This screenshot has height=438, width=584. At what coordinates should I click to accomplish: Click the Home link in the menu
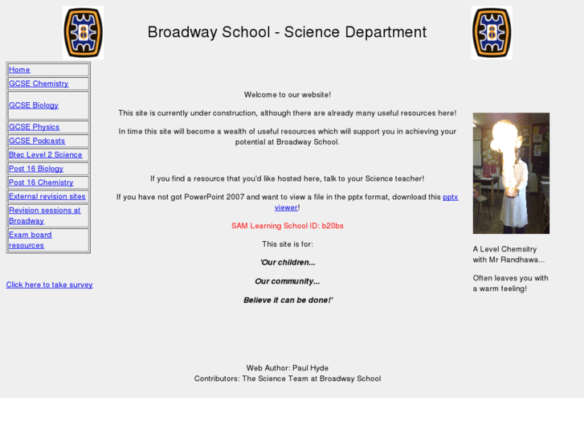[19, 70]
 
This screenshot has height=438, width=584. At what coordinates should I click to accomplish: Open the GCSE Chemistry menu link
[39, 84]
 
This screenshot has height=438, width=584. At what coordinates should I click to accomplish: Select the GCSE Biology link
[34, 105]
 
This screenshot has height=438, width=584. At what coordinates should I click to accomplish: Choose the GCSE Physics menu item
[34, 127]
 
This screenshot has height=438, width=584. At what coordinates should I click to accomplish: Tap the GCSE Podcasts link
[37, 141]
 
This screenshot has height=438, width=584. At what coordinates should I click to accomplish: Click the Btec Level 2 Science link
[45, 155]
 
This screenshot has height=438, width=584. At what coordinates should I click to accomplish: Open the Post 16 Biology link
[36, 169]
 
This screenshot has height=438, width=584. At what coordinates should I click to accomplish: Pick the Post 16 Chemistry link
[41, 182]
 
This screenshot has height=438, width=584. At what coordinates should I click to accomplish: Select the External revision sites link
[47, 196]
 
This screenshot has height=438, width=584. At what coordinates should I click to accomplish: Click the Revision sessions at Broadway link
[44, 215]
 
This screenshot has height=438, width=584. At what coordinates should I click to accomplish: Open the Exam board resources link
[30, 239]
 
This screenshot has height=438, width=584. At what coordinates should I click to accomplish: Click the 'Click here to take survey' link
[49, 284]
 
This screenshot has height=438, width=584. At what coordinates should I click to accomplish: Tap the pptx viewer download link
[449, 198]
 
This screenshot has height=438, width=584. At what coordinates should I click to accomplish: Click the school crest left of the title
[84, 33]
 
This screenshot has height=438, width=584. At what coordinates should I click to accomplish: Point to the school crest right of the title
[492, 33]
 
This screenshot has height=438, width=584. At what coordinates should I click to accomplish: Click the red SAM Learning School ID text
[288, 226]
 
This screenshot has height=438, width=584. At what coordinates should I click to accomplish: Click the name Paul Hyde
[309, 368]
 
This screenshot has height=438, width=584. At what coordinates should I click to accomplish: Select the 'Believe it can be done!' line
[288, 300]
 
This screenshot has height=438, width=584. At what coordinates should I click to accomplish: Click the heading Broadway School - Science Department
[287, 32]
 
